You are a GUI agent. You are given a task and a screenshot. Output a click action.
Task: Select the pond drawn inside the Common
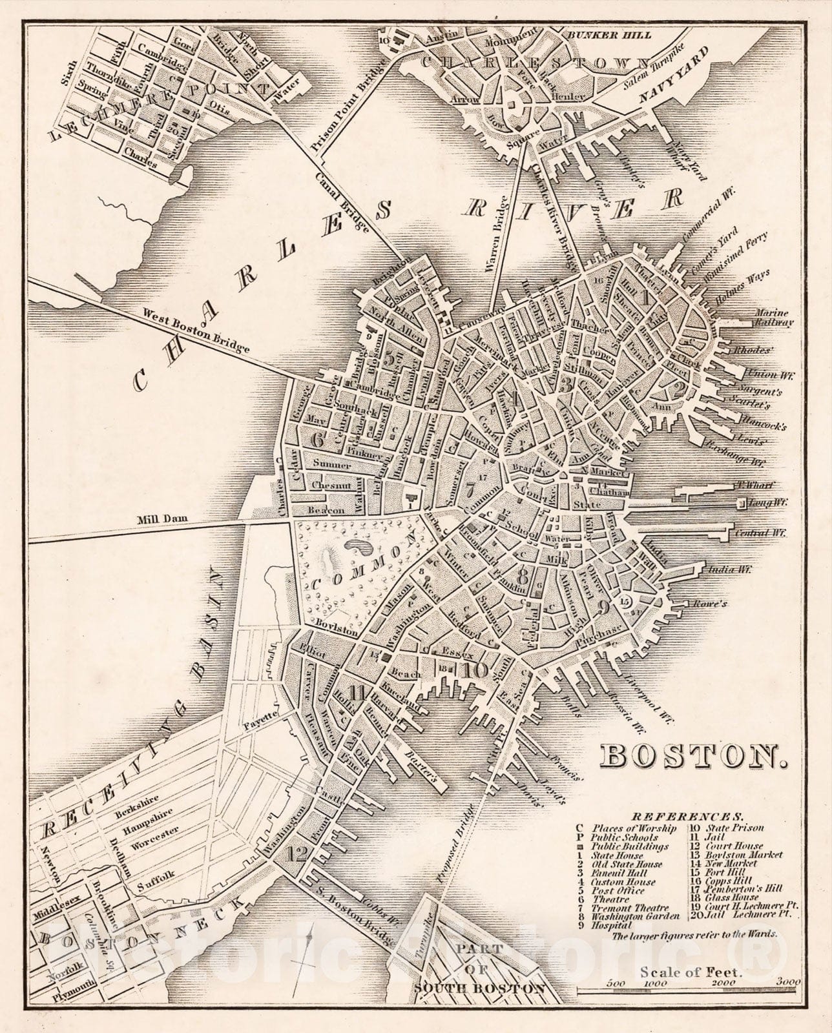click(x=359, y=547)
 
